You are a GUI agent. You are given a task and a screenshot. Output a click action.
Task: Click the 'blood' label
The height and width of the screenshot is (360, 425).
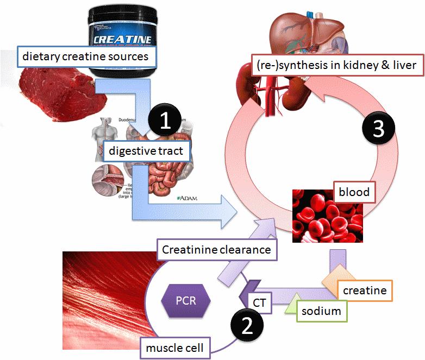coord(354,192)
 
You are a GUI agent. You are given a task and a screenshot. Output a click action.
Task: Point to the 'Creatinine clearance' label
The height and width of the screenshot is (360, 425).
coord(216,250)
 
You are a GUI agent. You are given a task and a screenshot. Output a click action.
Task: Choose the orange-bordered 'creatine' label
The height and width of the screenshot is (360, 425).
coord(364,290)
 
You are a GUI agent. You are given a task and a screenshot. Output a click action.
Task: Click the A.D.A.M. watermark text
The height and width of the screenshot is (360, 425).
coord(187,199)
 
